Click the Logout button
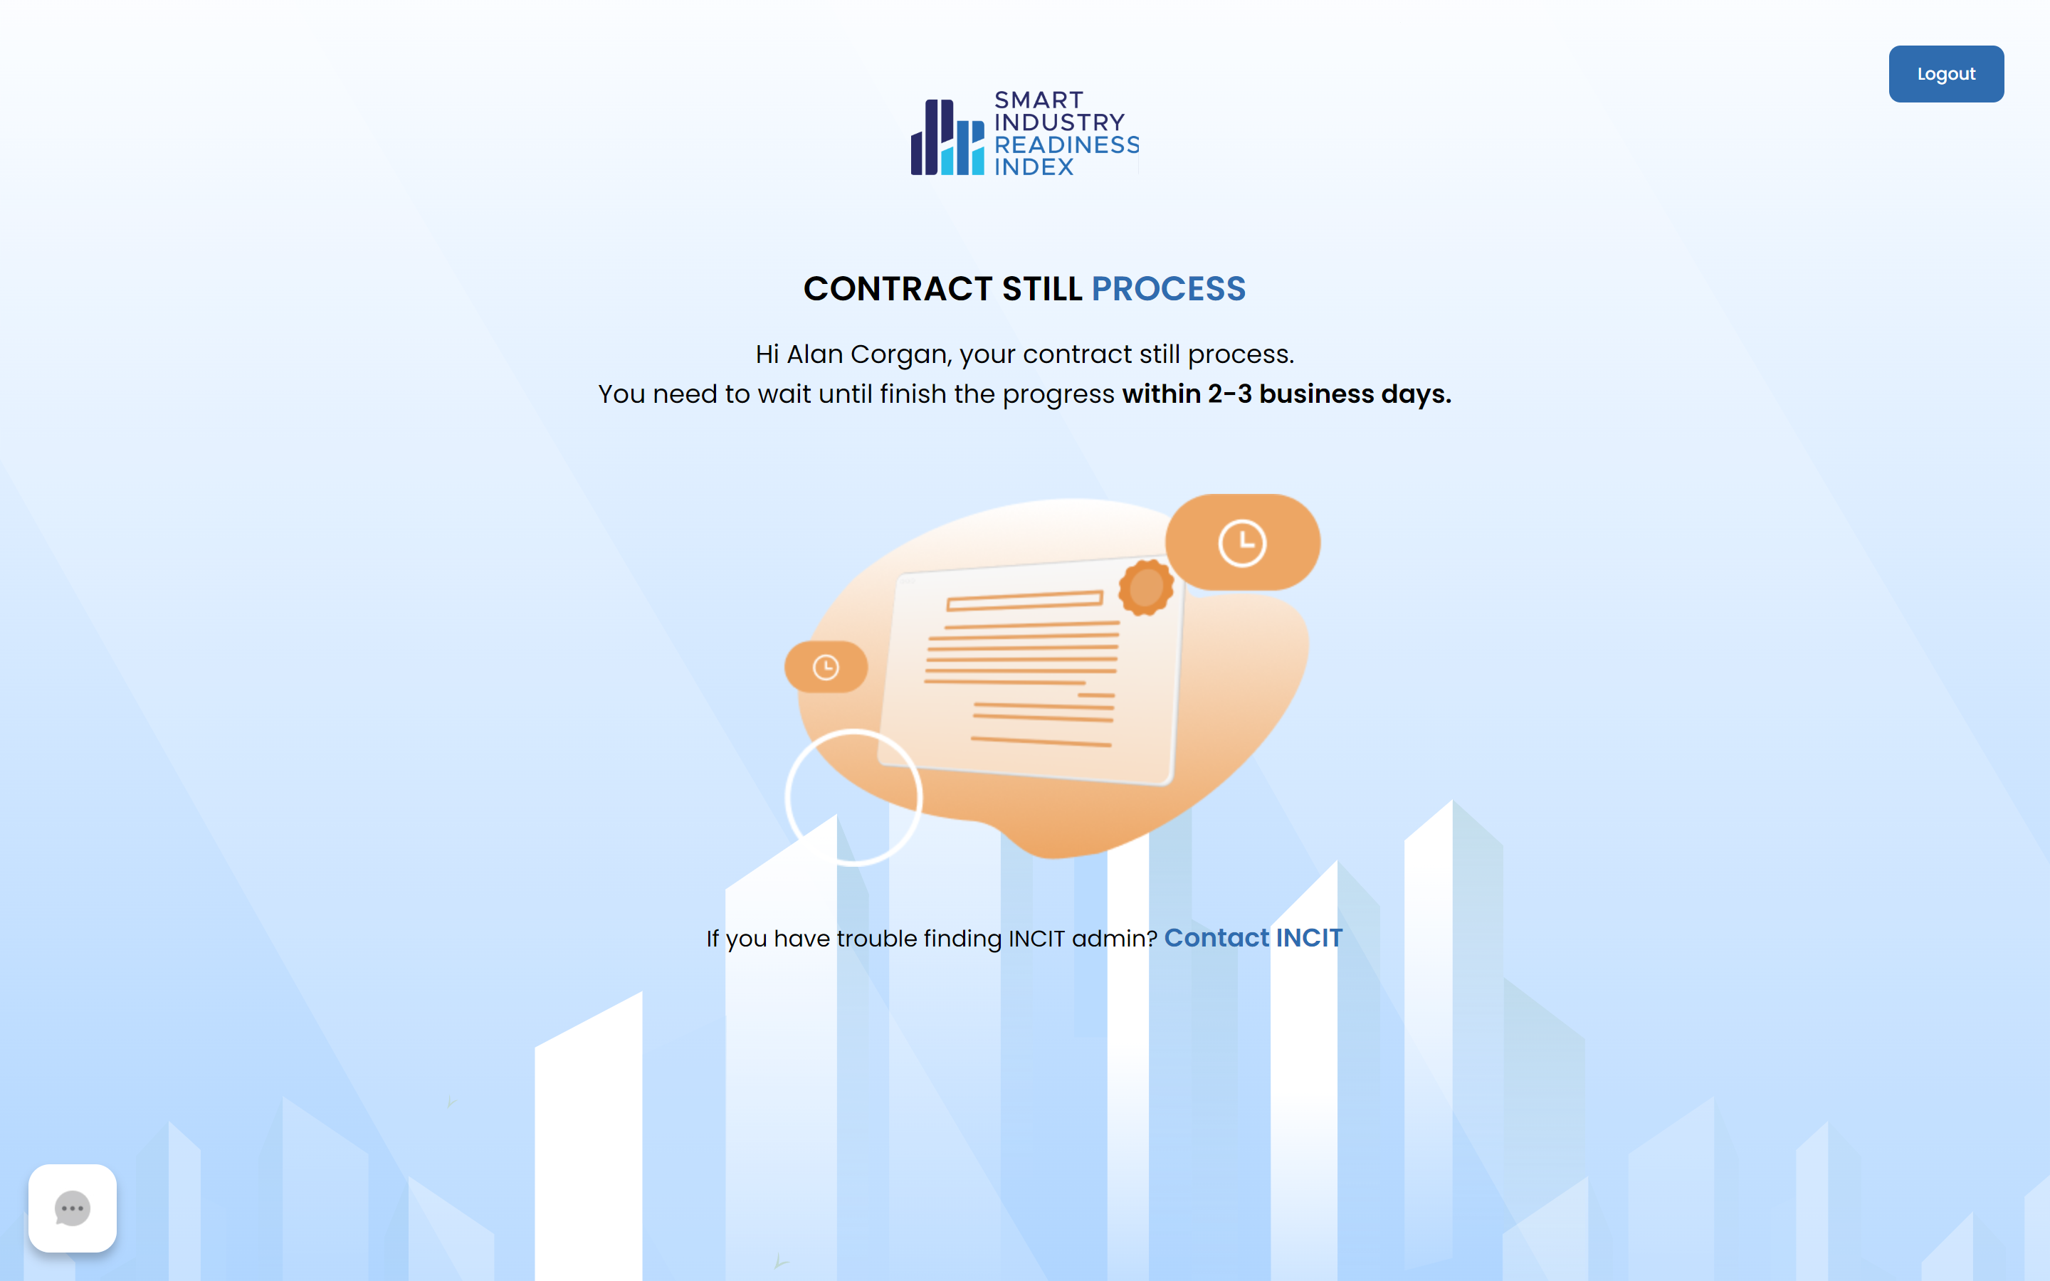pos(1946,74)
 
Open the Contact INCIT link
pos(1253,938)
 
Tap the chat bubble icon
pos(72,1208)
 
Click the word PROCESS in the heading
pos(1168,289)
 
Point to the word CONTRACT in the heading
pos(898,289)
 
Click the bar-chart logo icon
pos(947,137)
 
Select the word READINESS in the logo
pos(1066,145)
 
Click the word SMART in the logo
pos(1039,100)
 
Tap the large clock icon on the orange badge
pos(1242,543)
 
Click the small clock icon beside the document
pos(826,668)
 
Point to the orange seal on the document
pos(1146,586)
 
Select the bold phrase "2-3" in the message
pos(1229,394)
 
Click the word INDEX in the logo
pos(1034,167)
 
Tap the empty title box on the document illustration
pos(1025,600)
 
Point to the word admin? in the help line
pos(1115,939)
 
